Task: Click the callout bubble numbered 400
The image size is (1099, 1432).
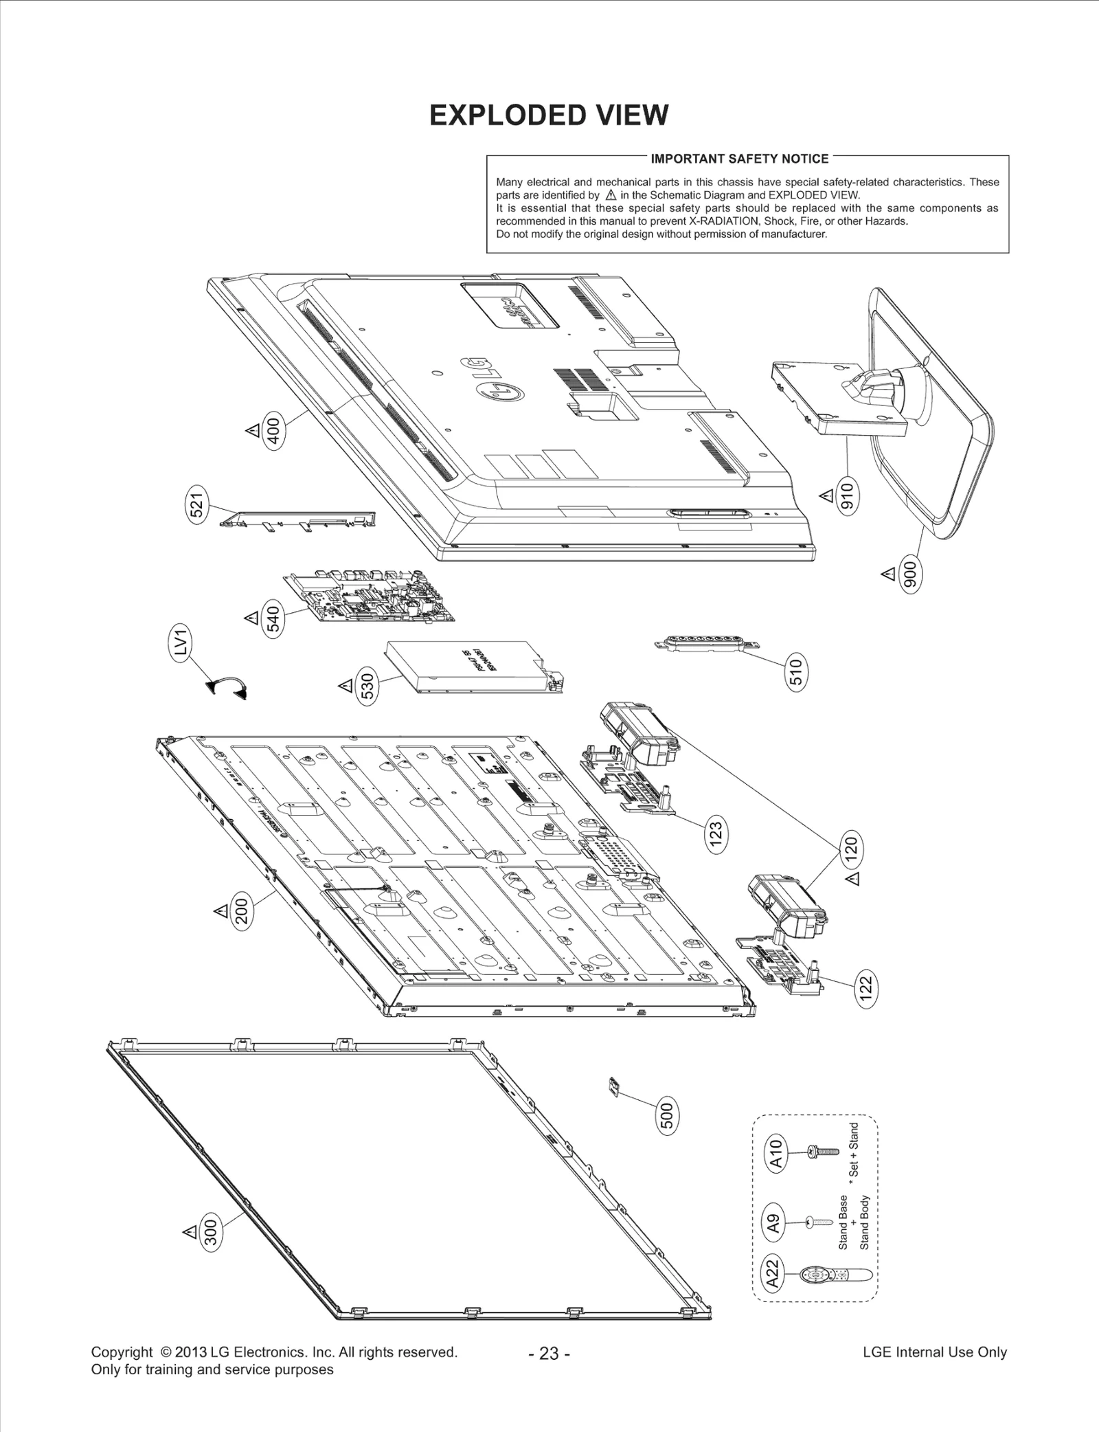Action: pos(273,431)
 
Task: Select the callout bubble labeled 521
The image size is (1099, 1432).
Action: pos(198,506)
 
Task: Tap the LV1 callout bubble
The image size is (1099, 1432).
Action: pos(181,647)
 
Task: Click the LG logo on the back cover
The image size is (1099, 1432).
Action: pos(492,382)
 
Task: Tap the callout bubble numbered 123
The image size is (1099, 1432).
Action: pos(715,836)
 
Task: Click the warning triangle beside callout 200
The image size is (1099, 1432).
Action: pos(221,911)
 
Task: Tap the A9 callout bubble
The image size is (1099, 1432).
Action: pos(773,1224)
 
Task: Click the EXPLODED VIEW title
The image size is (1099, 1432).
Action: pos(548,115)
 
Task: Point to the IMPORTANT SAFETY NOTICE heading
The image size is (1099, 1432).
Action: pos(739,159)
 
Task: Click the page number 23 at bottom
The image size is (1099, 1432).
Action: pos(549,1353)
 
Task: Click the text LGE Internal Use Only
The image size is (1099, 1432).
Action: pos(934,1352)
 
